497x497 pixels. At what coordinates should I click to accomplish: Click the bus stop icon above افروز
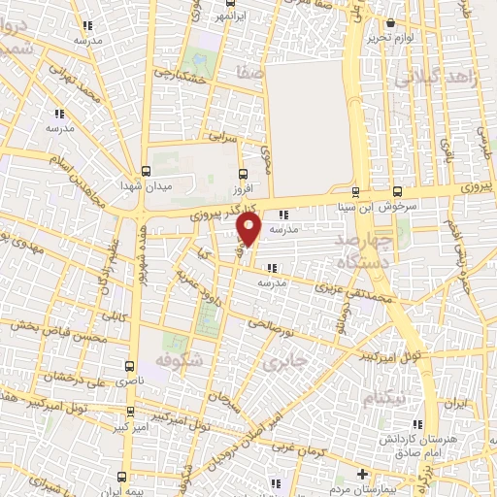point(243,174)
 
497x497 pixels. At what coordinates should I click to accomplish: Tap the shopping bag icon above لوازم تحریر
point(390,22)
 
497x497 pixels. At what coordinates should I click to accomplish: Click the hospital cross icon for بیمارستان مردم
point(363,474)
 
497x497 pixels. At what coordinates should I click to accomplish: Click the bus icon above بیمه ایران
point(122,476)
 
